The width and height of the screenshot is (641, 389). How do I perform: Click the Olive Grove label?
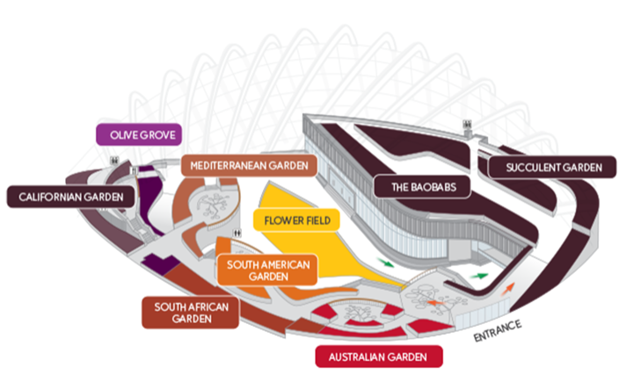point(138,135)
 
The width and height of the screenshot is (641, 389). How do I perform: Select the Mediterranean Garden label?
point(248,165)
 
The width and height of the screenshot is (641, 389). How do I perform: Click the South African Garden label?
point(191,312)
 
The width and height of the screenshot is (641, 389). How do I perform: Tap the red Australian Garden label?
point(378,357)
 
